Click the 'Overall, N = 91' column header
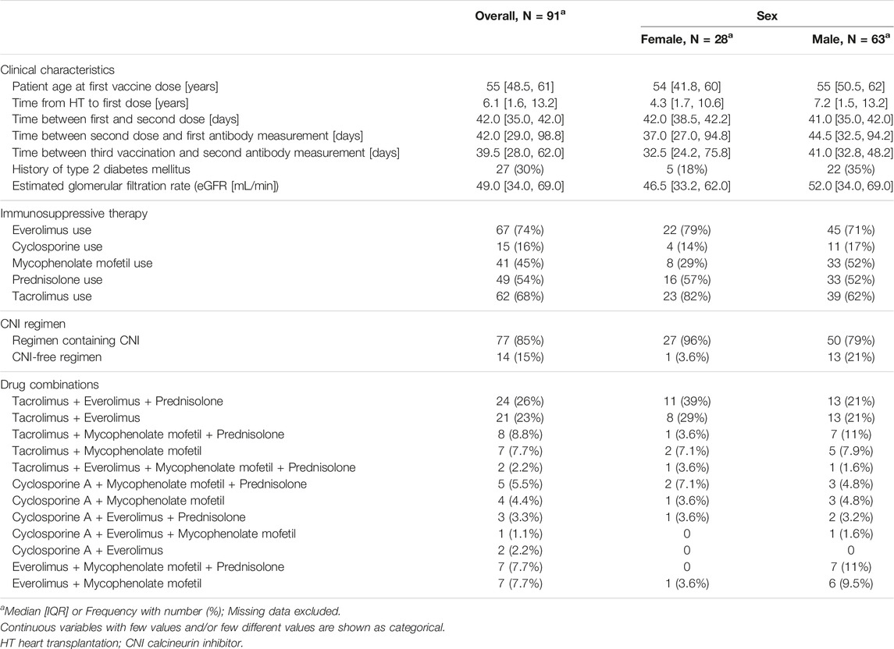point(520,16)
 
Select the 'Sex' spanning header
point(767,16)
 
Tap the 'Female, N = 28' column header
point(686,39)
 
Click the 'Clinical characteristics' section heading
point(57,70)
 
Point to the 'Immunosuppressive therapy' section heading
point(73,214)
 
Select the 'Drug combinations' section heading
point(50,385)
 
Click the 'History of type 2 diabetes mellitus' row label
point(101,169)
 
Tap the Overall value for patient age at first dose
point(520,87)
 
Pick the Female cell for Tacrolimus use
point(686,296)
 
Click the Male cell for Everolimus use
point(851,230)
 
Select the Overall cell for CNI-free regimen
point(520,357)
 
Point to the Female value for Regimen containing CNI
point(686,341)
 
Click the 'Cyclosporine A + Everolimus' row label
point(87,551)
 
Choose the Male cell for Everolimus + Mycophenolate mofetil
point(851,583)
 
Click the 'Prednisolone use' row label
point(57,280)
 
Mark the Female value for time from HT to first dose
point(686,103)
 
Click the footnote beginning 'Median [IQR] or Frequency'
point(170,612)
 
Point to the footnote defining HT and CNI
point(122,644)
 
